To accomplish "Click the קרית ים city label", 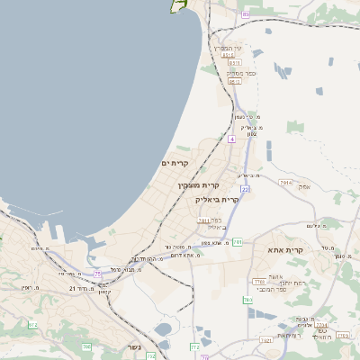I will pos(173,163).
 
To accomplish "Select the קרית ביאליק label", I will pos(219,200).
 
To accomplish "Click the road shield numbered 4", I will pos(231,139).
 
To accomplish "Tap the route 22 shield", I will pos(245,189).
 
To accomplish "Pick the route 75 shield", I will pos(98,273).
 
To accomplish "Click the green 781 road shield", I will pos(237,242).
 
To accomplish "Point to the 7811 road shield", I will pos(203,220).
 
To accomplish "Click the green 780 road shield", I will pos(247,300).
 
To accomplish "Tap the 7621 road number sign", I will pos(265,340).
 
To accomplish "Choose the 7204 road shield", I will pos(321,325).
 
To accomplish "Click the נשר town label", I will pos(135,347).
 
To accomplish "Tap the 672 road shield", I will pos(33,325).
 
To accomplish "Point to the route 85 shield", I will pos(245,14).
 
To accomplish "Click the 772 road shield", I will pos(194,346).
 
